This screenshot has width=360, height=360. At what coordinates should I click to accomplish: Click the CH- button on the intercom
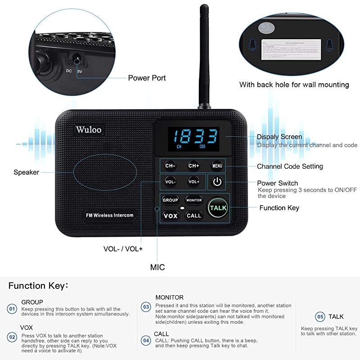(170, 166)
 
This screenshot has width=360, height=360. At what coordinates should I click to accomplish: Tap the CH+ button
(193, 166)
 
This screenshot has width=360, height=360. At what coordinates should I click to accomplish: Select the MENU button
(217, 166)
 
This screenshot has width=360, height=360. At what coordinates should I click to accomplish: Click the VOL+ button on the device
(193, 182)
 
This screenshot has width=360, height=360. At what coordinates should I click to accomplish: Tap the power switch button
(217, 182)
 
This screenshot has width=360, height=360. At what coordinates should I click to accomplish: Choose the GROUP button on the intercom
(170, 200)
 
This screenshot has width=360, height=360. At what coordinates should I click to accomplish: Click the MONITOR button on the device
(194, 200)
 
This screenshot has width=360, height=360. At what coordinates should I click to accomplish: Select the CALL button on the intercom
(194, 216)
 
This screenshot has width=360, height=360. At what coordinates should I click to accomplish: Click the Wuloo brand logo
(89, 130)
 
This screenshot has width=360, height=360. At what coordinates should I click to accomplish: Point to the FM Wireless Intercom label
(110, 215)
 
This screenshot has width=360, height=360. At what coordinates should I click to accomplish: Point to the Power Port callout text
(147, 78)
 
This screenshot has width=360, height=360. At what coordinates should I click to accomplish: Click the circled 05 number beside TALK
(320, 317)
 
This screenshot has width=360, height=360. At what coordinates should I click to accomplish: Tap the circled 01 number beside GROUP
(12, 309)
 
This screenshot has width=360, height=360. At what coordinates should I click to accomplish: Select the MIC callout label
(157, 267)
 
